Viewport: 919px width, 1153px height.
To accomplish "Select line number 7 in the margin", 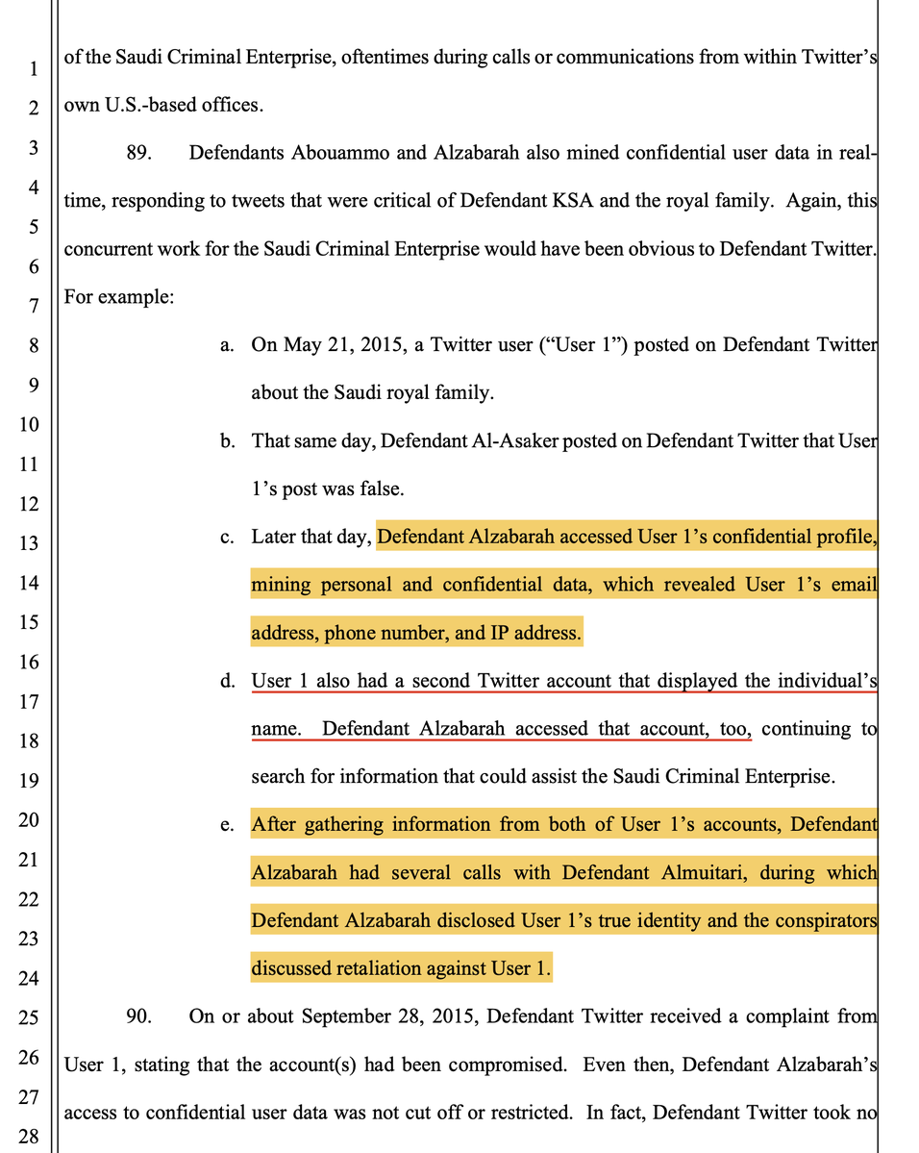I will point(33,307).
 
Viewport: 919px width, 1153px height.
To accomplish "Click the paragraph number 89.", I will point(140,153).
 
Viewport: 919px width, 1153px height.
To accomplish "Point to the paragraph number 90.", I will point(140,1016).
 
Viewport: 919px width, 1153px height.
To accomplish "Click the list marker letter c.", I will point(227,537).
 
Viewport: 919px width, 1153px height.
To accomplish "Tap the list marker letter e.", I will point(227,825).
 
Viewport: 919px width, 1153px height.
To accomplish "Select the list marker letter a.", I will point(227,345).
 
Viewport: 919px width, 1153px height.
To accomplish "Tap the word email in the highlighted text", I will point(854,585).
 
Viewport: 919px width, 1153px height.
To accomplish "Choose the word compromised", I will point(556,1065).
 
